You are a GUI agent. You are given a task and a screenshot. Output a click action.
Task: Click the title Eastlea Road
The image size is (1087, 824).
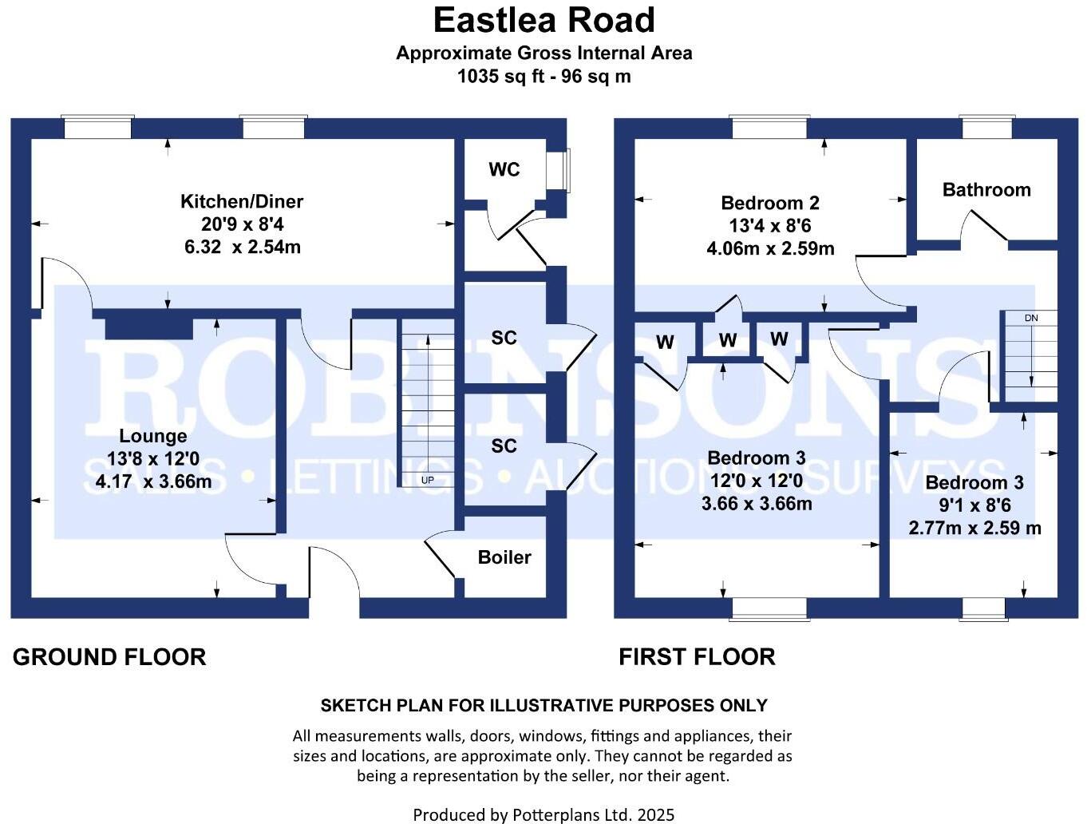(x=543, y=20)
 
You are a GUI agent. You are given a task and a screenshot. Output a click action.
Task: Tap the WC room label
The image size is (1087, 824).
(x=504, y=169)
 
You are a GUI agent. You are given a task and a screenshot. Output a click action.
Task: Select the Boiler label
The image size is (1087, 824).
(x=504, y=557)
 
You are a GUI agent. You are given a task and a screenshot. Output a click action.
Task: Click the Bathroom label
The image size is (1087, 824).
(x=986, y=190)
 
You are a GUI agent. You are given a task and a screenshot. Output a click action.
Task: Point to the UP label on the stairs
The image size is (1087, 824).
(x=428, y=480)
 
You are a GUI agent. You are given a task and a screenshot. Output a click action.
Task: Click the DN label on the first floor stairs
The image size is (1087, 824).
(x=1031, y=318)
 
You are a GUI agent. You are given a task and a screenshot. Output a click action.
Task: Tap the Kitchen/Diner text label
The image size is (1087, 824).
(x=242, y=201)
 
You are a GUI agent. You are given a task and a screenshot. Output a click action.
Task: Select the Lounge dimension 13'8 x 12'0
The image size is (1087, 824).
(x=153, y=459)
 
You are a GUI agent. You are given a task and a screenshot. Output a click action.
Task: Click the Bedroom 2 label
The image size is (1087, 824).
(x=769, y=203)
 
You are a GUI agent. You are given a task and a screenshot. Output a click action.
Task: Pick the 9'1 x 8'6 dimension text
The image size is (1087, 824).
(x=974, y=505)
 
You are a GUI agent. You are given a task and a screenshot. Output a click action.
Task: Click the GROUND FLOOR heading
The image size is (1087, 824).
(x=109, y=657)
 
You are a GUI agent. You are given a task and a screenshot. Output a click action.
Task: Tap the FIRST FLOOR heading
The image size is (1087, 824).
(x=697, y=657)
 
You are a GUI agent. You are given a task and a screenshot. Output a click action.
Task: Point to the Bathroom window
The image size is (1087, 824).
(x=986, y=128)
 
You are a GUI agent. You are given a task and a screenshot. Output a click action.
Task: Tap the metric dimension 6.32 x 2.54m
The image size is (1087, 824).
(x=242, y=247)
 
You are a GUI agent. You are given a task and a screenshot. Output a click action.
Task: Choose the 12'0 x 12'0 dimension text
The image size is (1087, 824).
(x=756, y=481)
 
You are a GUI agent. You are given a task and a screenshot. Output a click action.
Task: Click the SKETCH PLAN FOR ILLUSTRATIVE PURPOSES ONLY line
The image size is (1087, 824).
(x=543, y=706)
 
